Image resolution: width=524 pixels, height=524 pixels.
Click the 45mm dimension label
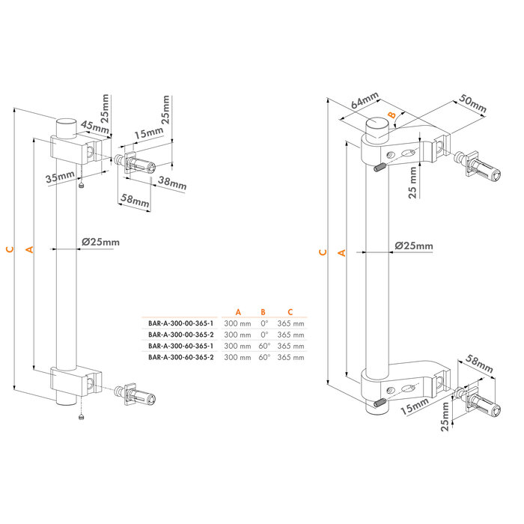pyautogui.click(x=94, y=127)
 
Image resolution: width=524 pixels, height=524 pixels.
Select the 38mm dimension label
pyautogui.click(x=172, y=183)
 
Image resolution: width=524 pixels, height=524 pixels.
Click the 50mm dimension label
pyautogui.click(x=473, y=105)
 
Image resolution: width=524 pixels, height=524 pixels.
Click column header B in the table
pyautogui.click(x=263, y=311)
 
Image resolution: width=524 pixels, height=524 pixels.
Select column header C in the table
pyautogui.click(x=290, y=311)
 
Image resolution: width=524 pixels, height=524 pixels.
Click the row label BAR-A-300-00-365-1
pyautogui.click(x=181, y=323)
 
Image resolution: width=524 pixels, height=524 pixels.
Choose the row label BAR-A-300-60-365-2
pyautogui.click(x=181, y=358)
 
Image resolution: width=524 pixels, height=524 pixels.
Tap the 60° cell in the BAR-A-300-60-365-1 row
pyautogui.click(x=263, y=347)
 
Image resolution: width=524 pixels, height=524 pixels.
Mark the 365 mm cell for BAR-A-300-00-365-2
pyautogui.click(x=290, y=335)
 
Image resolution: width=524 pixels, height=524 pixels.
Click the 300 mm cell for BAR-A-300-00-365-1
pyautogui.click(x=238, y=323)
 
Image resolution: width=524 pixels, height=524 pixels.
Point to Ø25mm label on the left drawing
pyautogui.click(x=100, y=242)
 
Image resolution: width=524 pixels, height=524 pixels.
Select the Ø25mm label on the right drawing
pyautogui.click(x=413, y=246)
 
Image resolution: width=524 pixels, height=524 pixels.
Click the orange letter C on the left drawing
pyautogui.click(x=9, y=249)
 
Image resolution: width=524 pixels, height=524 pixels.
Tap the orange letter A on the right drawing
pyautogui.click(x=342, y=253)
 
